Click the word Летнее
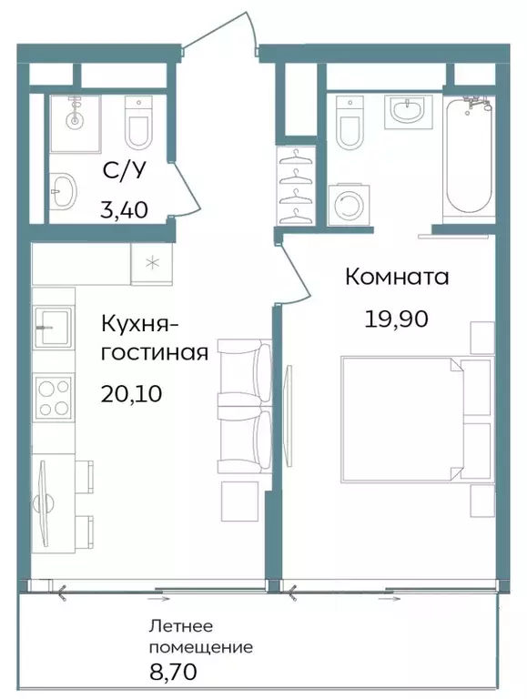(181, 627)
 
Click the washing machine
(346, 206)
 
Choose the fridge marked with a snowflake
(150, 264)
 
